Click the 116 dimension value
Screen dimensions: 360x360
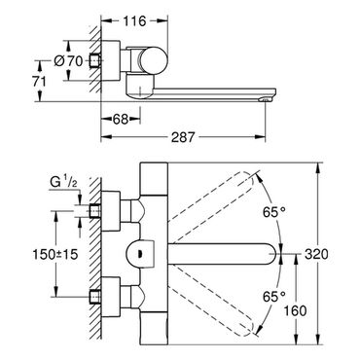134,21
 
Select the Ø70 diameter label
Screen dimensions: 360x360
68,60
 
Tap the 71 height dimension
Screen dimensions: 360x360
39,82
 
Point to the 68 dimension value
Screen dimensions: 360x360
121,120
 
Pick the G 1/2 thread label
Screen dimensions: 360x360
64,183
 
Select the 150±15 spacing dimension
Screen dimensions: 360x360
55,254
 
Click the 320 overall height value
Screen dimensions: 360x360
316,254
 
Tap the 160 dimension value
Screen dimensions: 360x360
295,310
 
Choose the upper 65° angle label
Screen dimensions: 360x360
274,212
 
